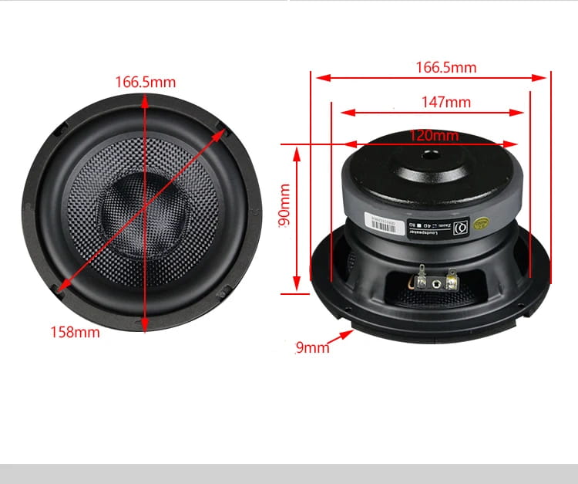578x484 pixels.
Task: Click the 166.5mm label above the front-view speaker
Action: [x=145, y=81]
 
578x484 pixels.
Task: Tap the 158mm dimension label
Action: [x=76, y=333]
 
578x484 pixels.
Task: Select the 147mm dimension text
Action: [x=445, y=102]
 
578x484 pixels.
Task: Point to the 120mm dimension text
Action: [x=433, y=136]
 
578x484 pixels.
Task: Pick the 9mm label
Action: [x=312, y=347]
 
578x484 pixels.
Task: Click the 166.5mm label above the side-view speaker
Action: [x=445, y=67]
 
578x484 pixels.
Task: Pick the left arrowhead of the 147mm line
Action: [x=346, y=113]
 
